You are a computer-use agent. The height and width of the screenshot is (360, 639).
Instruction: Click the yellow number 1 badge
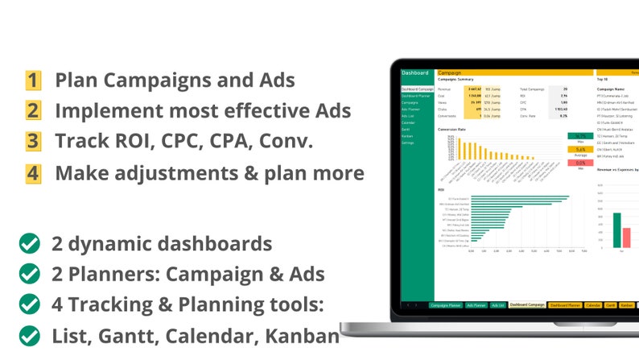(33, 80)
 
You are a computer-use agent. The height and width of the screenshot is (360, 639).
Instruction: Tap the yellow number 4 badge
(33, 172)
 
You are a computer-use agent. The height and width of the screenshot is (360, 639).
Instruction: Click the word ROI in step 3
(131, 141)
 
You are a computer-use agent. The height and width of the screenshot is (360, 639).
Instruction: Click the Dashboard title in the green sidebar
(415, 72)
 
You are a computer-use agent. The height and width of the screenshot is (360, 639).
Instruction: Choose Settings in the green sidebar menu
(409, 143)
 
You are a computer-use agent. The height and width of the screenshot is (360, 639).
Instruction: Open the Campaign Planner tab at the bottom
(445, 305)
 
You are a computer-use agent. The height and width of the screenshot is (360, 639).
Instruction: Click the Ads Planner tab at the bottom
(476, 305)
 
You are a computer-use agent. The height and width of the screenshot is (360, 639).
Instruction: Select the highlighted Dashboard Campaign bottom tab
(527, 305)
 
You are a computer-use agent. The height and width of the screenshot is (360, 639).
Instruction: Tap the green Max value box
(580, 136)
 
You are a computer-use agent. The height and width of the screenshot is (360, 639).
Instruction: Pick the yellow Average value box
(580, 149)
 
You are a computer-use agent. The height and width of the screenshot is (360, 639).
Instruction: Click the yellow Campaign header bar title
(451, 72)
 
